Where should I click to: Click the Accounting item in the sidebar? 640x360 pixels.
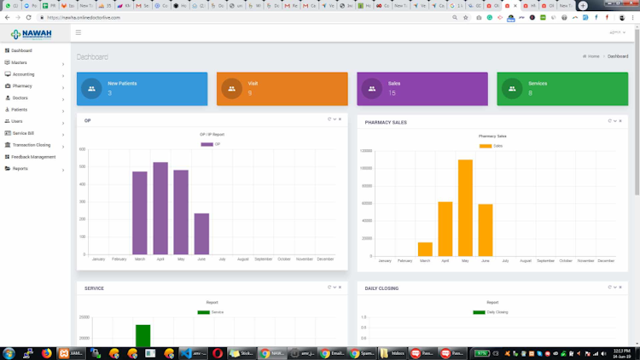24,74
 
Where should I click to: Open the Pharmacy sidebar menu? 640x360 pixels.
22,86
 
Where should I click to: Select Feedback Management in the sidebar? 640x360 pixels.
34,157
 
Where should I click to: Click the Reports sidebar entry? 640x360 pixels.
20,169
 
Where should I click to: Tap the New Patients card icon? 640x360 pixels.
92,89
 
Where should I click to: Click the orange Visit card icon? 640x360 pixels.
231,89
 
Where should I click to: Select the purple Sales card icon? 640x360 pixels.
371,89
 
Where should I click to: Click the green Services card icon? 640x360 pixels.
512,89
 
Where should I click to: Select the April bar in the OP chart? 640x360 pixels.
160,208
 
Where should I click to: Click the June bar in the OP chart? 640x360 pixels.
201,234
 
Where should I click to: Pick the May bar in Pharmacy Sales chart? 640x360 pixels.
465,207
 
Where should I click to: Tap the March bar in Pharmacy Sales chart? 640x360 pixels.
425,249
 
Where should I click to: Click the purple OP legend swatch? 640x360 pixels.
207,144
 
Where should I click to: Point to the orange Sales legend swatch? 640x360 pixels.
486,146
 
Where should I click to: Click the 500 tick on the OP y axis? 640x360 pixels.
82,167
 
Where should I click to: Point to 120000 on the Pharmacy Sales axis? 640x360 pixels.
364,150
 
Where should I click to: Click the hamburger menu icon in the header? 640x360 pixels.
79,32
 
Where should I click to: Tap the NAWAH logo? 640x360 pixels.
32,34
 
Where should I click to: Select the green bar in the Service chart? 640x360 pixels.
143,336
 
